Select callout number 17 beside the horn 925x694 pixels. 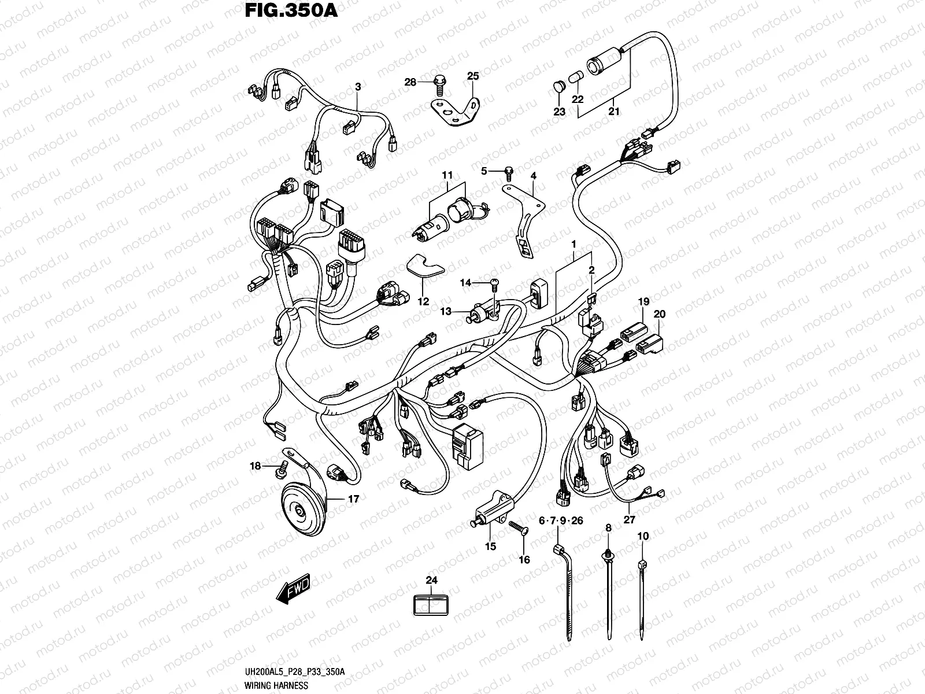(x=353, y=499)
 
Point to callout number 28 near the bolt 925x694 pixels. (x=410, y=83)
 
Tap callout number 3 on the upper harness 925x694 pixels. (x=358, y=87)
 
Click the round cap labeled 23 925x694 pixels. (x=558, y=86)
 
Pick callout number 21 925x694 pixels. (x=613, y=111)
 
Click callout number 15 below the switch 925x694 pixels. (x=490, y=547)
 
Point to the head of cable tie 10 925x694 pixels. (x=641, y=564)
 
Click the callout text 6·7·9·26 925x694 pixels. (x=560, y=521)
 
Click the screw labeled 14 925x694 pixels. (x=493, y=282)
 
